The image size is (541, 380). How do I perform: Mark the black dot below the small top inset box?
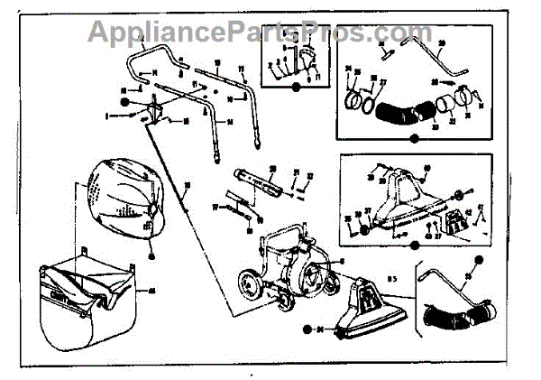[297, 87]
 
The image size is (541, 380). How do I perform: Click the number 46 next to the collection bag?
[151, 290]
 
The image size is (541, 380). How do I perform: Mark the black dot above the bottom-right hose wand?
[481, 262]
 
